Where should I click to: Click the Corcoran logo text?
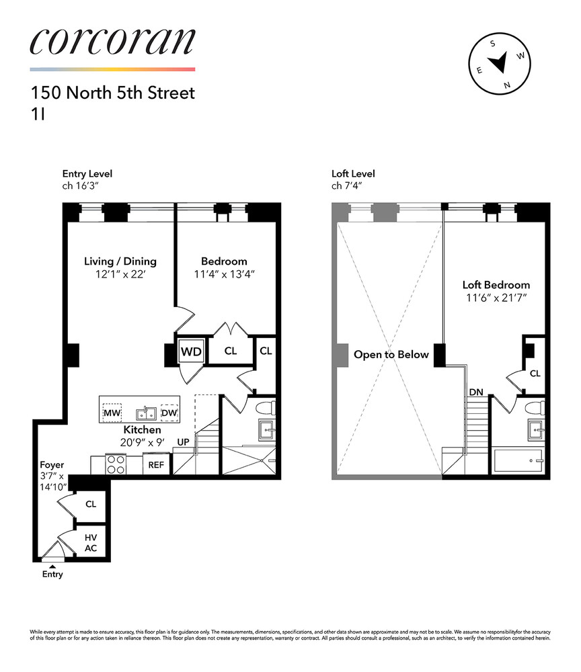tap(112, 42)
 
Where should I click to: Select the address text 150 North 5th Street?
tap(112, 93)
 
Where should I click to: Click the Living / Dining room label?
tap(120, 261)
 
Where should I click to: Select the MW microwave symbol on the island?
tap(111, 413)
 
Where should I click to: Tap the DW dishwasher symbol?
tap(169, 413)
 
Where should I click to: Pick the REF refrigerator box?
tap(157, 464)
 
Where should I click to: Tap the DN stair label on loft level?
tap(475, 390)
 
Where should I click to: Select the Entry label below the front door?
tap(52, 575)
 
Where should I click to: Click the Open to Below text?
tap(391, 354)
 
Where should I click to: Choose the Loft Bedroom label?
tap(496, 285)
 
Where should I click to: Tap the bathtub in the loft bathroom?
tap(520, 461)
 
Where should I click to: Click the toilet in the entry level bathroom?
tap(267, 408)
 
